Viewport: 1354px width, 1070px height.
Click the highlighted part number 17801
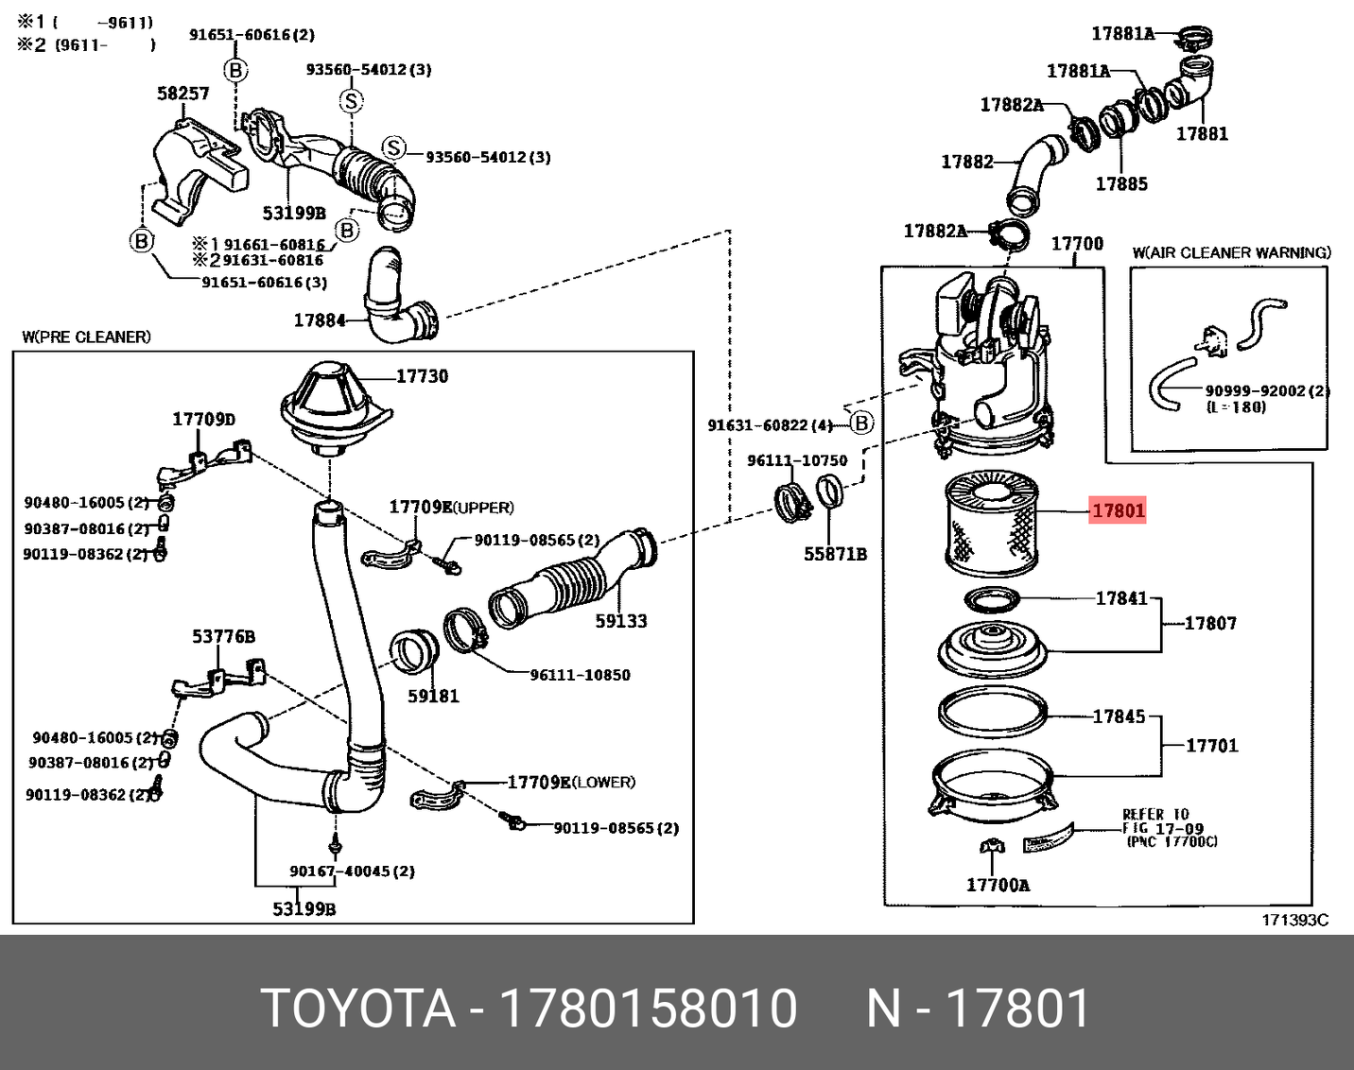[1118, 510]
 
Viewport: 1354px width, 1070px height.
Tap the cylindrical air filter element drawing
[991, 526]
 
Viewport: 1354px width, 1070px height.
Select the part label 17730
[422, 376]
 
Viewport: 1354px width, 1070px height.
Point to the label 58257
[182, 93]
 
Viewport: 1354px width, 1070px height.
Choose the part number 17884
[320, 320]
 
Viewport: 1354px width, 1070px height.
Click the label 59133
[621, 621]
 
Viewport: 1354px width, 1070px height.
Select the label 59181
[433, 696]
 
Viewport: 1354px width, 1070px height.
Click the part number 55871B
[835, 554]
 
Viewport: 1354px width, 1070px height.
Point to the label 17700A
[998, 885]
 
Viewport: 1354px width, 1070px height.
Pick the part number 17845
[1119, 716]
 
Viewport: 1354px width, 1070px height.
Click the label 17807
[1210, 623]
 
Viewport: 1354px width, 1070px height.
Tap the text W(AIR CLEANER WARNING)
[1231, 252]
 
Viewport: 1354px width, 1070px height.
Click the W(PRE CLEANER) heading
[86, 337]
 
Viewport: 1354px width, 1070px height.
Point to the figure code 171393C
[1294, 920]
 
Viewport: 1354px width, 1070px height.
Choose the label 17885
[1121, 183]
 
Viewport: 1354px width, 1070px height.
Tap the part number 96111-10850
[580, 675]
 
